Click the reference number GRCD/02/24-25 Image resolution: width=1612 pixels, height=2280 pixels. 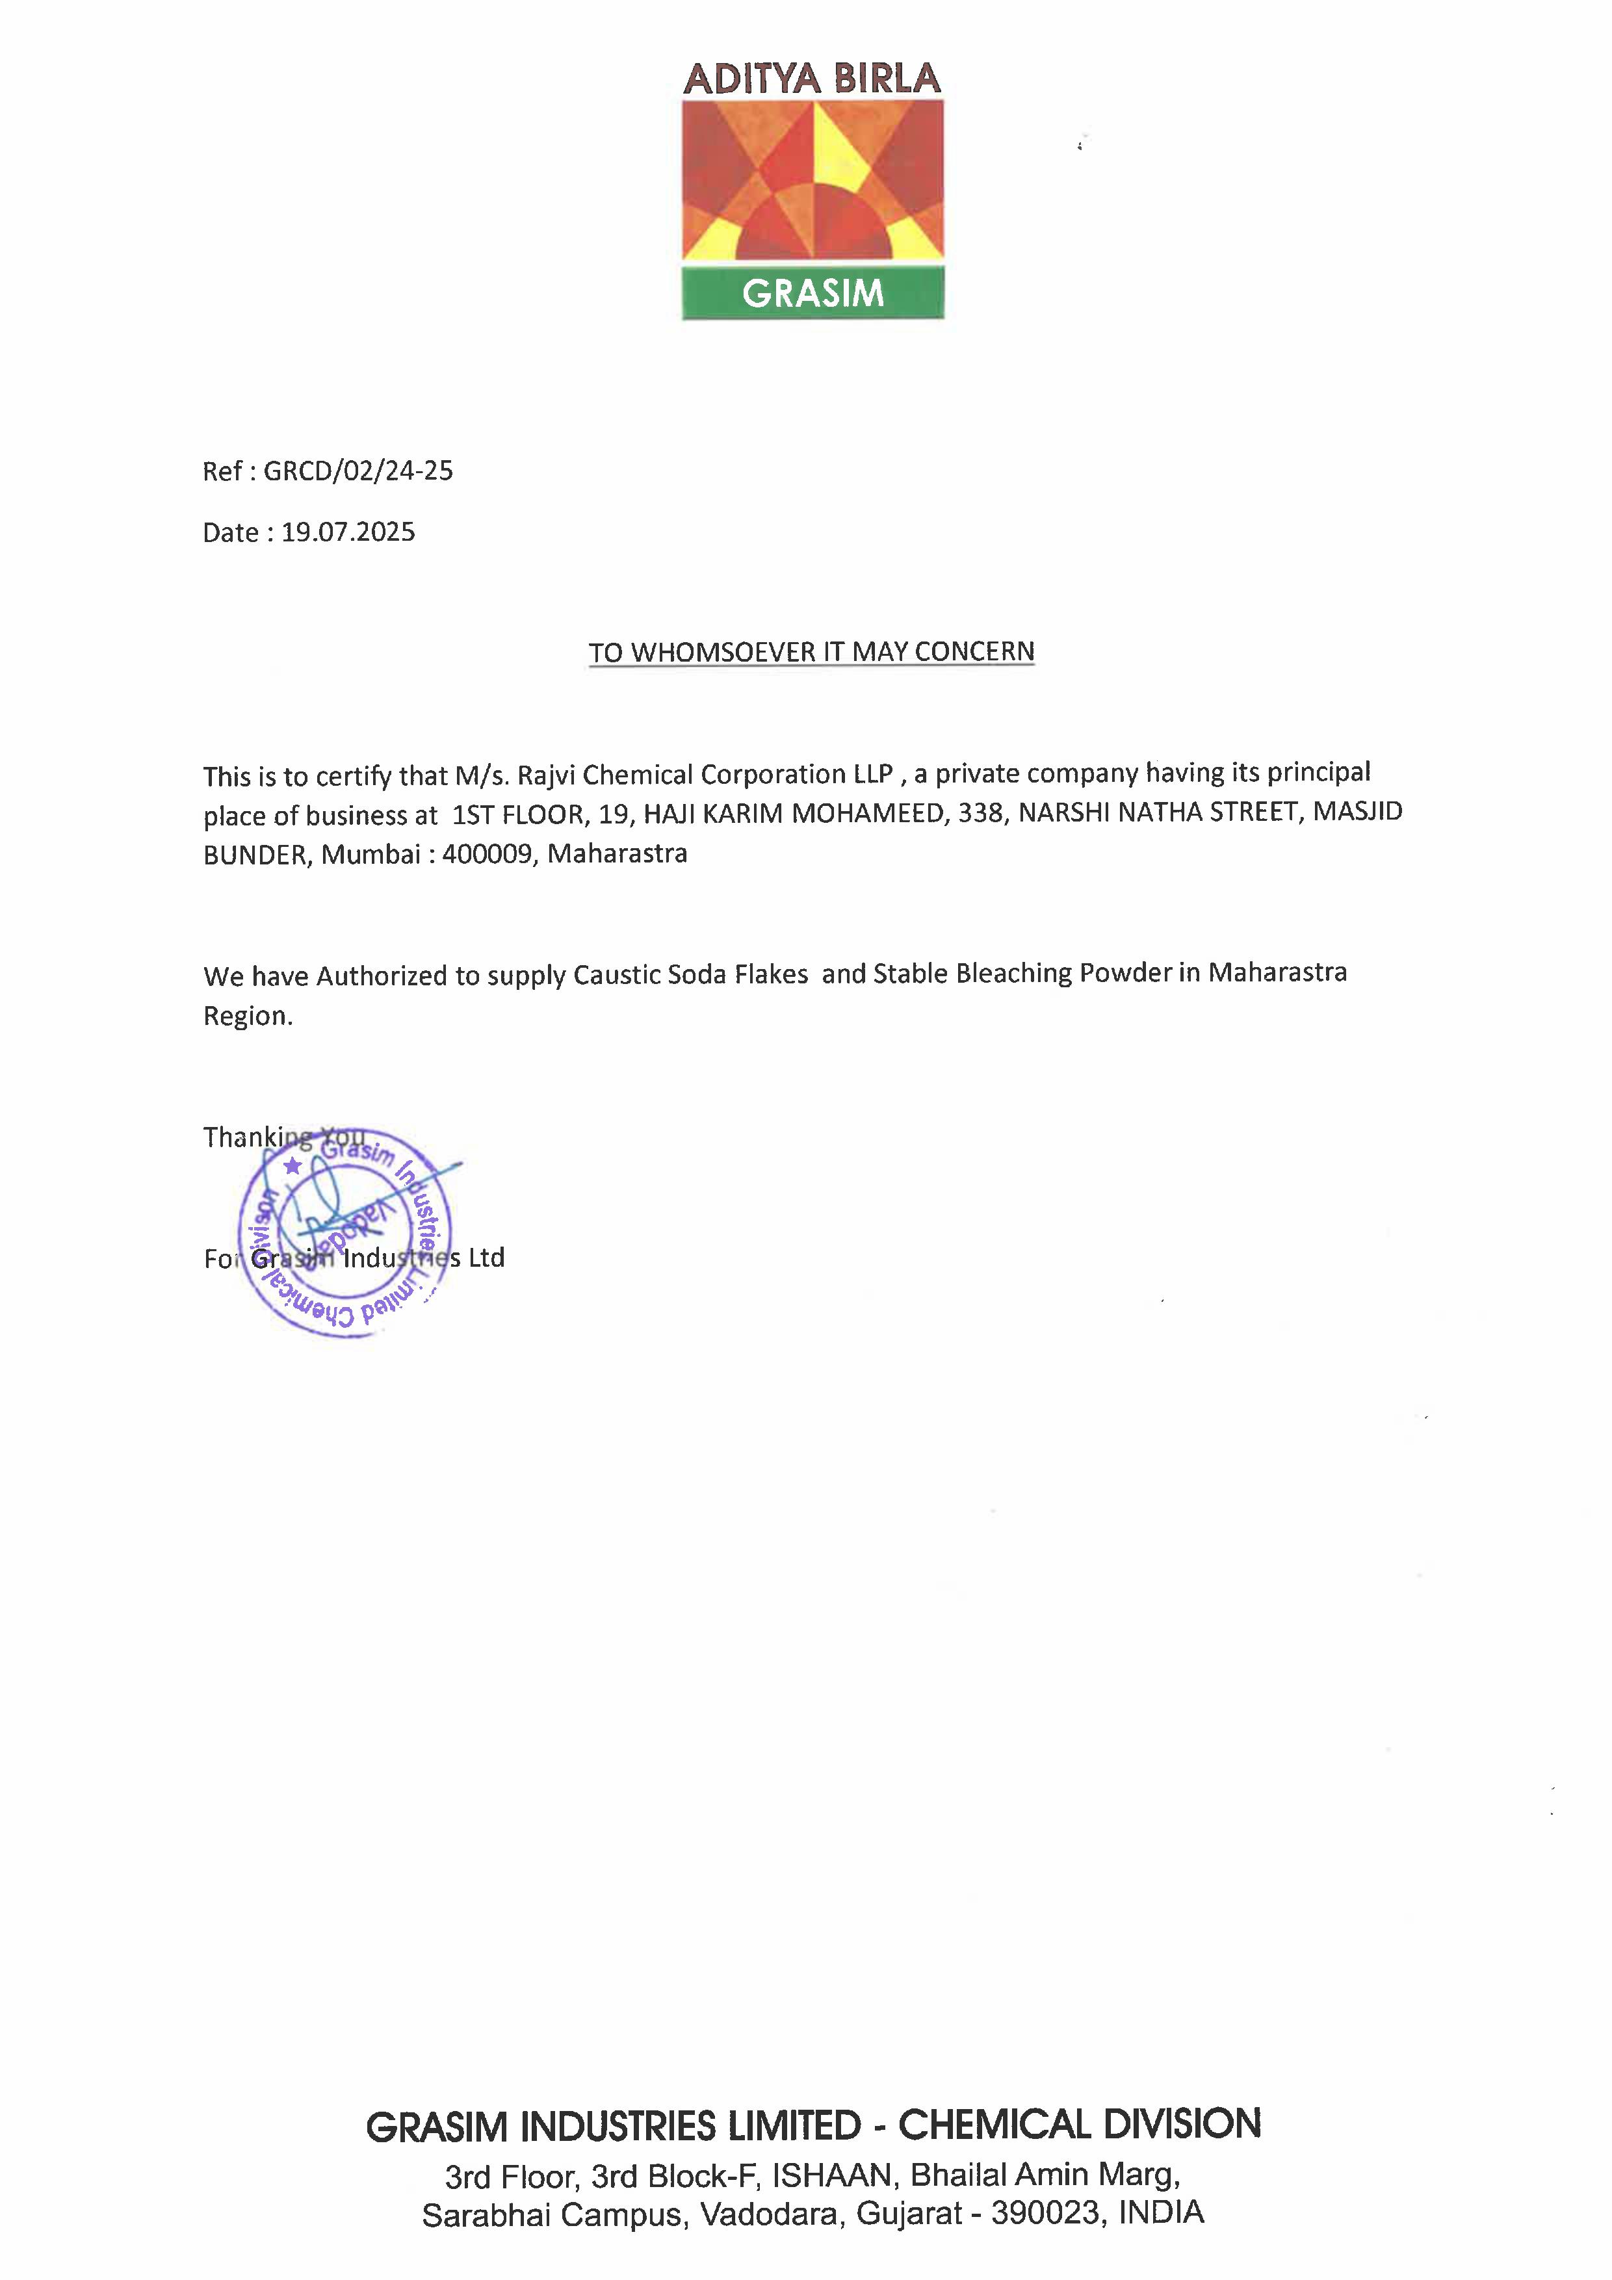pyautogui.click(x=357, y=471)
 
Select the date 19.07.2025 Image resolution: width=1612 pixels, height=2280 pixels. pyautogui.click(x=348, y=532)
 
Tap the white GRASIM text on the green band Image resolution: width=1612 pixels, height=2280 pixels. pyautogui.click(x=812, y=293)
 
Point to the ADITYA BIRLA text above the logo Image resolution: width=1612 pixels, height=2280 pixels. pyautogui.click(x=812, y=79)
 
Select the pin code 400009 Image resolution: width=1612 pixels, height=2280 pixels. pyautogui.click(x=487, y=854)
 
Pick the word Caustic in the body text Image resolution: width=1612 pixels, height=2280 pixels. pyautogui.click(x=617, y=974)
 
